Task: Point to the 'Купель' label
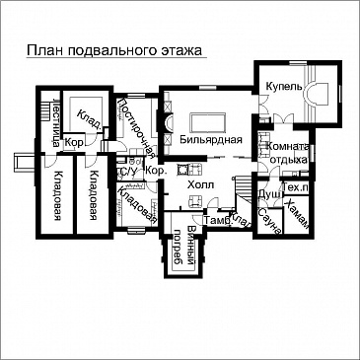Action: (x=277, y=86)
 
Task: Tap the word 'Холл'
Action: (x=200, y=183)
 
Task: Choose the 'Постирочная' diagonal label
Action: (x=137, y=128)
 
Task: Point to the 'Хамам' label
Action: (x=296, y=214)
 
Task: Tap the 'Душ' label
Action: (x=268, y=194)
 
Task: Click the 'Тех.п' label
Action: (x=297, y=186)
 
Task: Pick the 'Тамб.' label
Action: (x=217, y=221)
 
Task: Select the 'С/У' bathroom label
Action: (x=126, y=172)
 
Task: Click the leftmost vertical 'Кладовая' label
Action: (x=59, y=197)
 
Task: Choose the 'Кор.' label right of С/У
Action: (x=154, y=171)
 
